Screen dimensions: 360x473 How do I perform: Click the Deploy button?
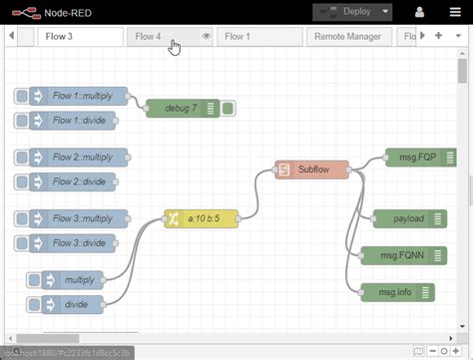coord(357,12)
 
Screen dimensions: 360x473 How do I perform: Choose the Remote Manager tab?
coord(347,36)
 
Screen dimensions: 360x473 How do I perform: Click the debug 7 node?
coord(181,108)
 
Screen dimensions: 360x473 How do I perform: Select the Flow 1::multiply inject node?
coord(84,97)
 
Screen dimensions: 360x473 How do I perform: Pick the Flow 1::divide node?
coord(78,121)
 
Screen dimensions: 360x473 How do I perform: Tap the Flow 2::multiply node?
coord(84,158)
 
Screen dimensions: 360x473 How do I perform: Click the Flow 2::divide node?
coord(78,181)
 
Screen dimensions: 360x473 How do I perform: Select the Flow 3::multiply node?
coord(84,218)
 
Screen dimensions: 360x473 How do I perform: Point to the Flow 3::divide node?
coord(78,242)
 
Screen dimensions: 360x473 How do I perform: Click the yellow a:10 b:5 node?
coord(203,219)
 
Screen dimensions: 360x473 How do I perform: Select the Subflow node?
coord(312,170)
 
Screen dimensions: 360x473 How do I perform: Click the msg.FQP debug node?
coord(418,157)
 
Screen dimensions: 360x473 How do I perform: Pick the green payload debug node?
coord(408,218)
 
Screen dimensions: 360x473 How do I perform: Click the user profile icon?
coord(419,12)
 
